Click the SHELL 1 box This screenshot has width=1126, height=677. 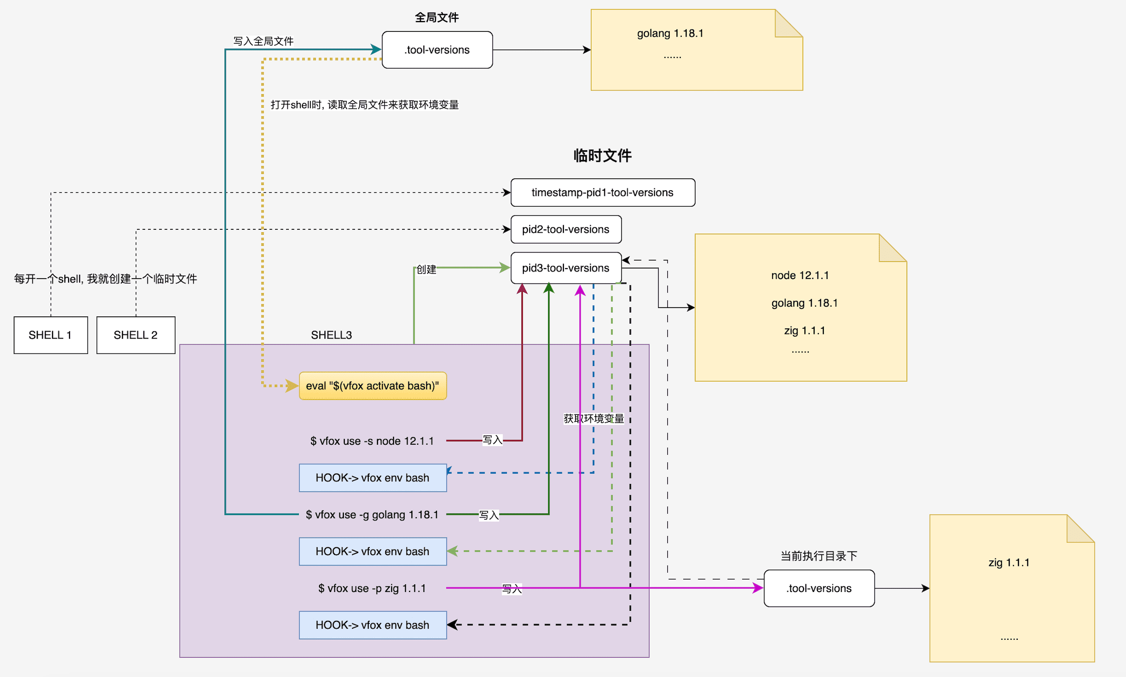coord(50,335)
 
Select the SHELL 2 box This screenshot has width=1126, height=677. coord(136,335)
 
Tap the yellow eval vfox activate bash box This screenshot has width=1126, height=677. coord(372,386)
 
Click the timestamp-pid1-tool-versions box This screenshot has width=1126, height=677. coord(603,193)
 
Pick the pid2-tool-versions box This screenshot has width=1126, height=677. coord(565,229)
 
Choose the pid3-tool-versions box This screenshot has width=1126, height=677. coord(565,268)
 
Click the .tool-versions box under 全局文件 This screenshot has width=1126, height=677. coord(437,50)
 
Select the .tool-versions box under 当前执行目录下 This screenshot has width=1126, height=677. coord(819,588)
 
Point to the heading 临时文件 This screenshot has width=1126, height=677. coord(602,155)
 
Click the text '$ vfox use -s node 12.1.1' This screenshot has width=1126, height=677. coord(372,441)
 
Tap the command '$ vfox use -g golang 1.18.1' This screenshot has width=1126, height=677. coord(372,515)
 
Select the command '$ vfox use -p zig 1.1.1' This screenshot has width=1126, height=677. coord(372,588)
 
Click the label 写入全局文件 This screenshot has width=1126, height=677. coord(263,41)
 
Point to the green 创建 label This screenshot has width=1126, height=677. coord(426,269)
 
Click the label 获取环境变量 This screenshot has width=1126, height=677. coord(593,419)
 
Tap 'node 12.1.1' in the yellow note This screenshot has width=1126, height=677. coord(800,275)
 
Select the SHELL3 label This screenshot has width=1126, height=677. coord(331,335)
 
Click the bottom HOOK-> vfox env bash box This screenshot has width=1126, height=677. coord(372,625)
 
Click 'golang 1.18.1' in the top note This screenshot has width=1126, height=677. coord(670,33)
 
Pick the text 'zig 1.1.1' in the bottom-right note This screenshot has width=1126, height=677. coord(1009,563)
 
